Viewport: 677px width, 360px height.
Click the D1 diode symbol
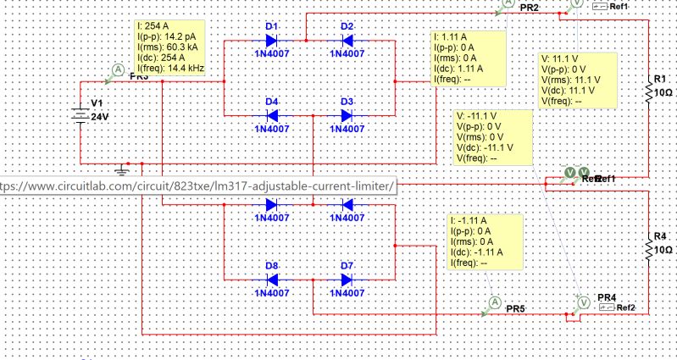(273, 40)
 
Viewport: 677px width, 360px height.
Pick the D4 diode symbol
(273, 114)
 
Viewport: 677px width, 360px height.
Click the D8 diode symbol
(273, 279)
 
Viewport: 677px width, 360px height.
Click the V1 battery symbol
(79, 115)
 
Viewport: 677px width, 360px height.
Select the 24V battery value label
(101, 117)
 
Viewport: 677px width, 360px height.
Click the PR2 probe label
(530, 8)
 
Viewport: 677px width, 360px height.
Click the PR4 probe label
(607, 297)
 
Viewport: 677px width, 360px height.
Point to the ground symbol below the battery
(121, 170)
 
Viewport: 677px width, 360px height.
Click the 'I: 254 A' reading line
(158, 27)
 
